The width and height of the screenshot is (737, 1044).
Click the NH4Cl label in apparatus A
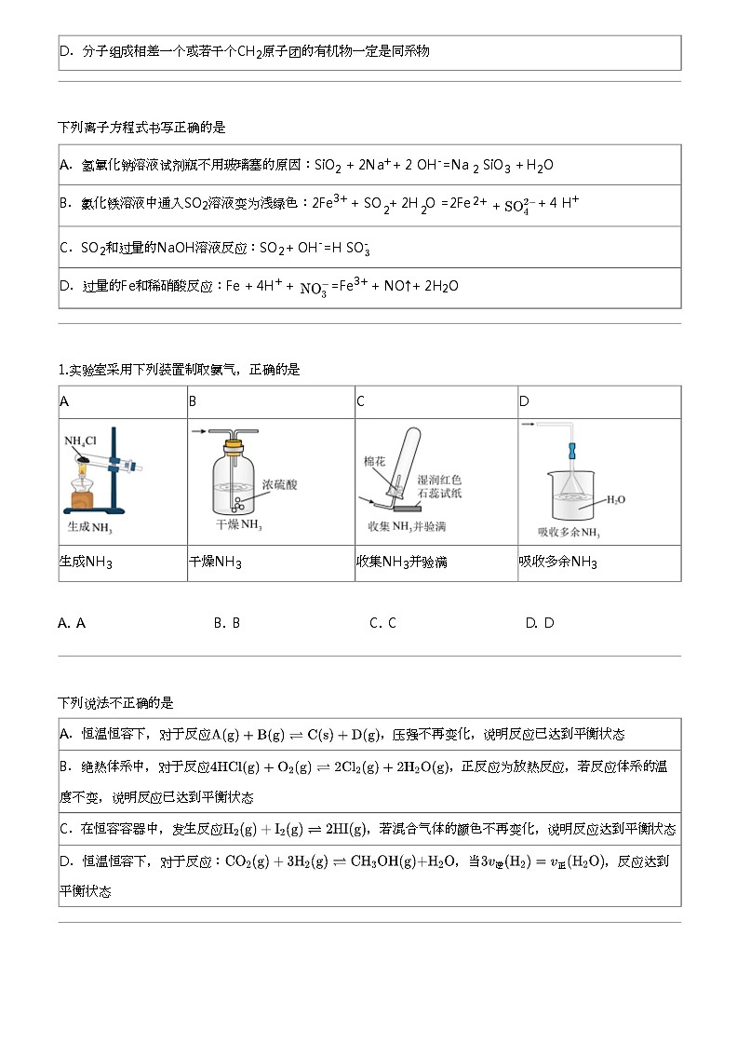(80, 440)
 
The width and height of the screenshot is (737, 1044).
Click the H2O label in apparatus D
(616, 499)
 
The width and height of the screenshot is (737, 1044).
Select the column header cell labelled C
(435, 402)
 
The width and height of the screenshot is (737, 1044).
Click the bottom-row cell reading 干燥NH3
(271, 563)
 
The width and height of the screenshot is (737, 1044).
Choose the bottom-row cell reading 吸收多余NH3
(598, 563)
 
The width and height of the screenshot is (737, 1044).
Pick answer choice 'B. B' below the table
(227, 623)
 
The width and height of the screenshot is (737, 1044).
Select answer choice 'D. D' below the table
(540, 623)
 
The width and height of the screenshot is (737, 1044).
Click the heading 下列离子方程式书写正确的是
(141, 127)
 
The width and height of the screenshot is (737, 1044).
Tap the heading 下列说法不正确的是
(115, 702)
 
